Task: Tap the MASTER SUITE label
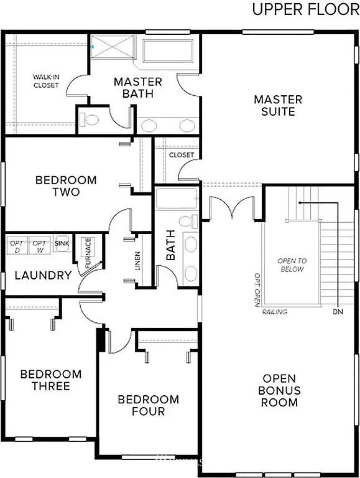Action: coord(278,105)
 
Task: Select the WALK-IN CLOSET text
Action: coord(46,81)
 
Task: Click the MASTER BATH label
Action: coord(138,88)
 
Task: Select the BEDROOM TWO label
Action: coord(66,186)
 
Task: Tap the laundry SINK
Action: coord(62,243)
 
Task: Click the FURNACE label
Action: coord(88,252)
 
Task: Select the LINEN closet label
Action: coord(138,261)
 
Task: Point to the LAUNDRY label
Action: coord(42,275)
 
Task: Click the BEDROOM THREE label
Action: coord(50,380)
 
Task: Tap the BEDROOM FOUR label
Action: coord(148,405)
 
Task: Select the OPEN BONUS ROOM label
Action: coord(279,390)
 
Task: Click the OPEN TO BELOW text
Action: coord(292,265)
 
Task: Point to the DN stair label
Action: coord(338,311)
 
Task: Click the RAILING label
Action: coord(275,312)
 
